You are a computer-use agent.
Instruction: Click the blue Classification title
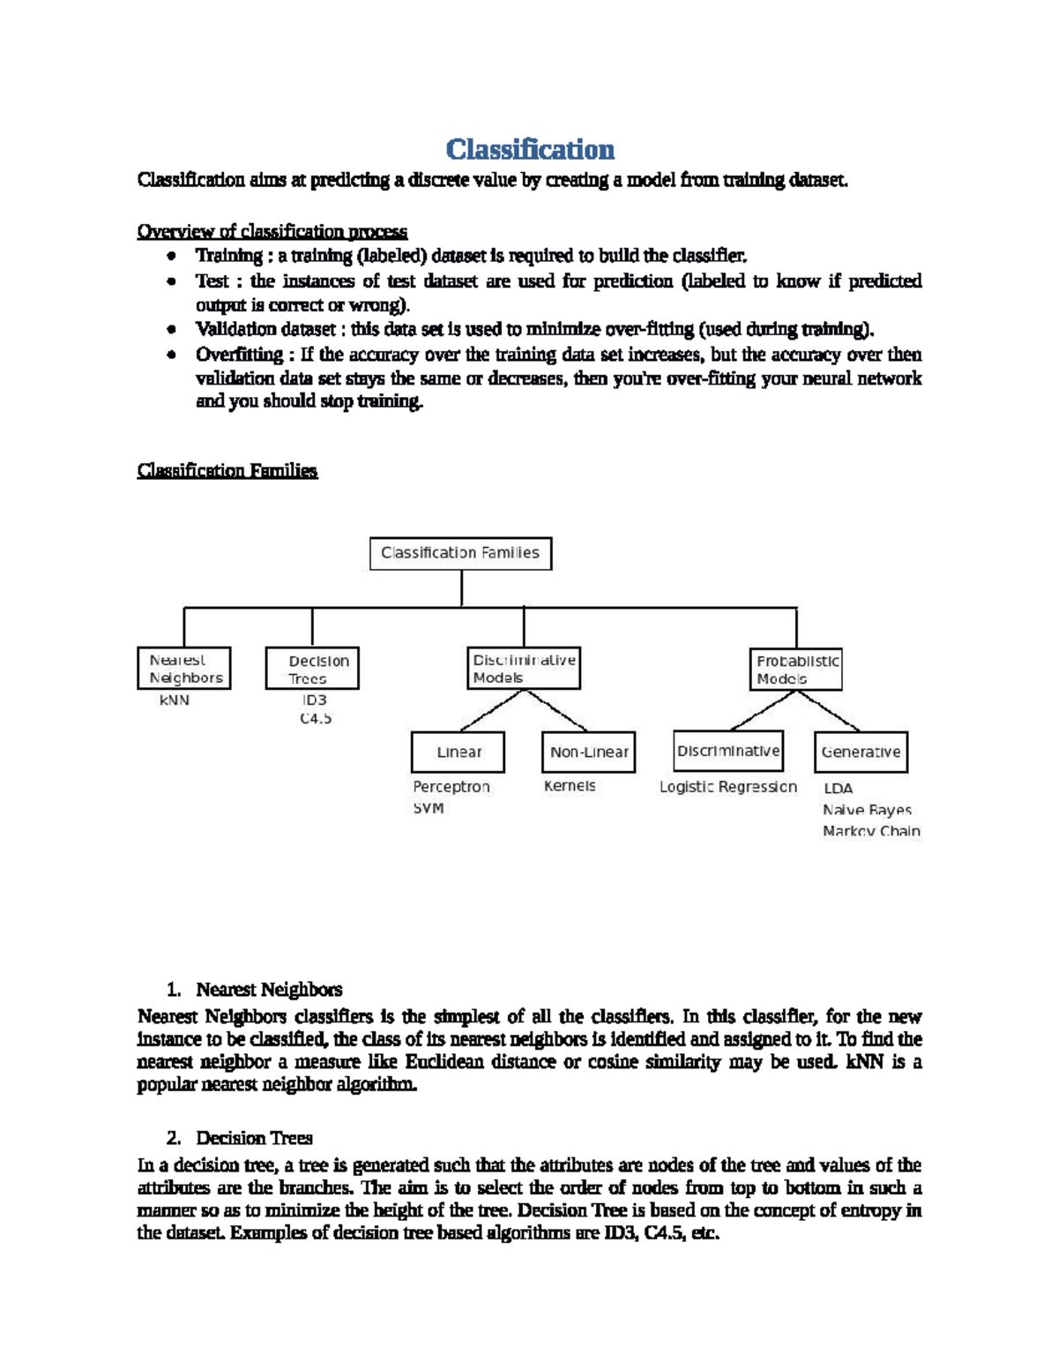coord(530,149)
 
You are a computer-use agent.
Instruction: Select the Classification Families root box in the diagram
coord(460,553)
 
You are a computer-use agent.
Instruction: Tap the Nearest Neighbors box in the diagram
coord(184,669)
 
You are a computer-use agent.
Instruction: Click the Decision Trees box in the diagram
coord(312,670)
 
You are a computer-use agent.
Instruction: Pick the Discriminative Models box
coord(524,669)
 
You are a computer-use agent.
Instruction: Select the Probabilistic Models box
coord(797,670)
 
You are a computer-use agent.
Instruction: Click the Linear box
coord(458,752)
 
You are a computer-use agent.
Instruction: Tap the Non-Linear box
coord(588,752)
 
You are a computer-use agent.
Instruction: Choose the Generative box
coord(861,752)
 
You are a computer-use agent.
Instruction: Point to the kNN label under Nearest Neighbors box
coord(175,700)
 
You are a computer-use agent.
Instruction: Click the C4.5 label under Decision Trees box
coord(316,719)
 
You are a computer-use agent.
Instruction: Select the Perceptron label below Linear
coord(451,787)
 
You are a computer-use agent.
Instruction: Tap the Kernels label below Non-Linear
coord(570,786)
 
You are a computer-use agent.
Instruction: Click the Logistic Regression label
coord(728,787)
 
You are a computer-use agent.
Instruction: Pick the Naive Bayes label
coord(867,810)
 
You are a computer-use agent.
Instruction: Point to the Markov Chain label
coord(871,831)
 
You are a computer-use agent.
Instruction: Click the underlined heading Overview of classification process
coord(272,232)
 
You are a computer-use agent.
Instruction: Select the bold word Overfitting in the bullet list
coord(239,355)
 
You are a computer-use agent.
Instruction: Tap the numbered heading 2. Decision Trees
coord(254,1138)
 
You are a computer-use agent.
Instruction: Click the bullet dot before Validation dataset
coord(172,330)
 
